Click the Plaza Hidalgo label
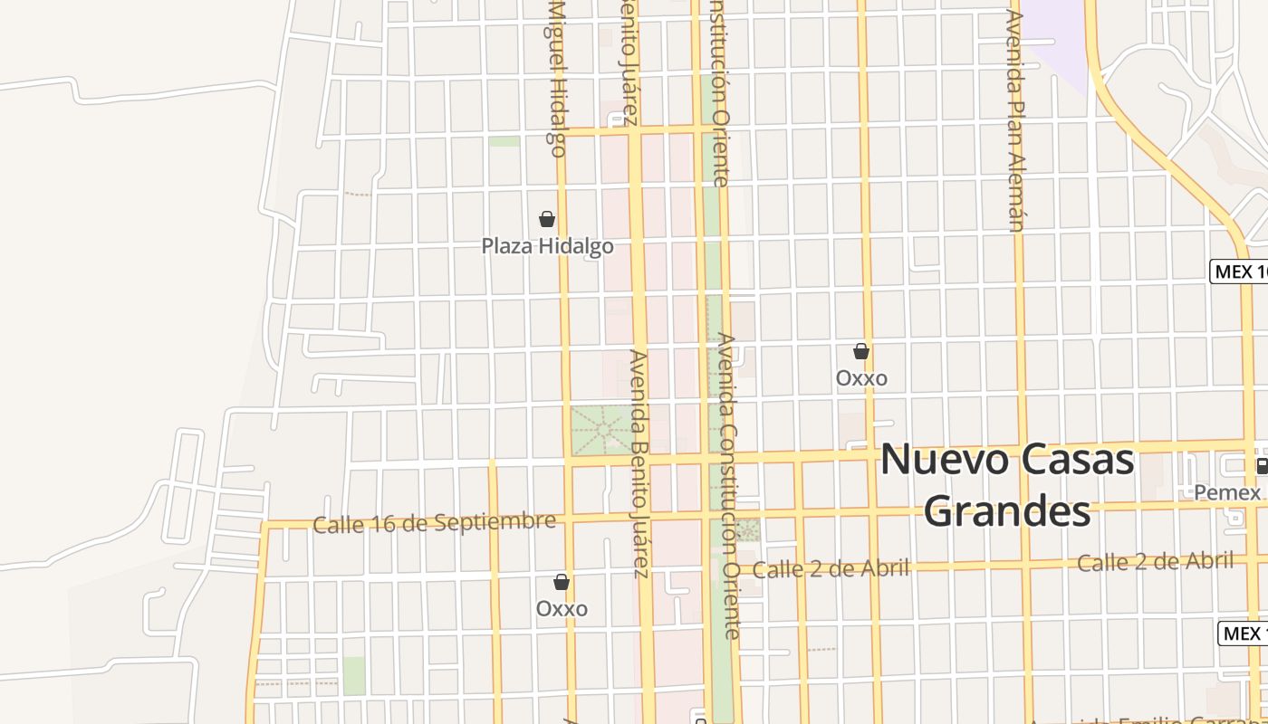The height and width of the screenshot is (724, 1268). pyautogui.click(x=547, y=246)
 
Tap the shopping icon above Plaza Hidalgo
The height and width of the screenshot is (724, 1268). pyautogui.click(x=547, y=219)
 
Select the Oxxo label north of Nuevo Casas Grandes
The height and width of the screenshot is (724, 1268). pyautogui.click(x=861, y=377)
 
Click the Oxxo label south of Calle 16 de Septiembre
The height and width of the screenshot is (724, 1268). pyautogui.click(x=562, y=608)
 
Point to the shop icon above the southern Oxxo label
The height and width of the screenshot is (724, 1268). pyautogui.click(x=562, y=581)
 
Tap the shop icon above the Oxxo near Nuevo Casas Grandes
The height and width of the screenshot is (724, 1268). pyautogui.click(x=861, y=351)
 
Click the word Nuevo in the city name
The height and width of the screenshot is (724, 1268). pyautogui.click(x=944, y=460)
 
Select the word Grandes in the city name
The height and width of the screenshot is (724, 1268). pyautogui.click(x=1007, y=511)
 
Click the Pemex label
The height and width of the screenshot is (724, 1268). pyautogui.click(x=1227, y=492)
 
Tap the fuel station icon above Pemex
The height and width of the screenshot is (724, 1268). pyautogui.click(x=1262, y=466)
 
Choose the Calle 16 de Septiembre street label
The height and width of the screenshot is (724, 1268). pyautogui.click(x=434, y=522)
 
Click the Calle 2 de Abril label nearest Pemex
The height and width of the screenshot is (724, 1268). pyautogui.click(x=1155, y=562)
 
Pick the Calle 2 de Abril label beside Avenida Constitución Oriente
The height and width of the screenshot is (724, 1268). pyautogui.click(x=831, y=568)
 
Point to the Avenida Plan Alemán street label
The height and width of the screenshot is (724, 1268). pyautogui.click(x=1015, y=120)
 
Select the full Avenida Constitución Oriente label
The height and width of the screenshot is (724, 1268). pyautogui.click(x=729, y=486)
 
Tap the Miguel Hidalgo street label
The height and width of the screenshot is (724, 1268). pyautogui.click(x=556, y=78)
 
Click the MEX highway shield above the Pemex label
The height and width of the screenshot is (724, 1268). pyautogui.click(x=1238, y=271)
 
